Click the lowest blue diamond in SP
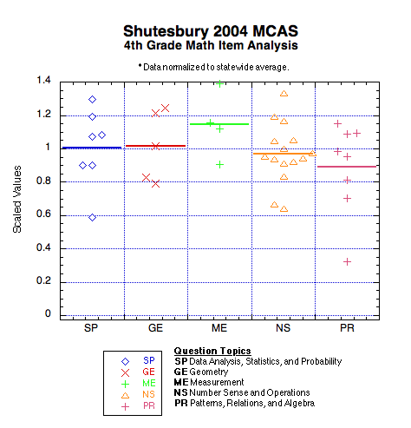coord(92,217)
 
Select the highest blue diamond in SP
coord(92,100)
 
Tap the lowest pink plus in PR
coord(347,262)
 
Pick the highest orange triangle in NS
coord(284,94)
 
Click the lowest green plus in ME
coord(219,165)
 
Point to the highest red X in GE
coord(165,109)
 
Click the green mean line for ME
coord(219,124)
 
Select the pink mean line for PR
coord(347,167)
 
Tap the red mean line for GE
coord(156,146)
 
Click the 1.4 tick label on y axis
coord(43,80)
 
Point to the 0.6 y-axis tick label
coord(43,214)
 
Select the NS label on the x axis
coord(283,328)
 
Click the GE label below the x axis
coord(155,328)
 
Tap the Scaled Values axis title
coord(17,199)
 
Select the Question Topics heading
coord(212,351)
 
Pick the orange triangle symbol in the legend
coord(125,395)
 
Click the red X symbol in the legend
coord(125,372)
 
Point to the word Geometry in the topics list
coord(209,372)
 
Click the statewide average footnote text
coord(213,67)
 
